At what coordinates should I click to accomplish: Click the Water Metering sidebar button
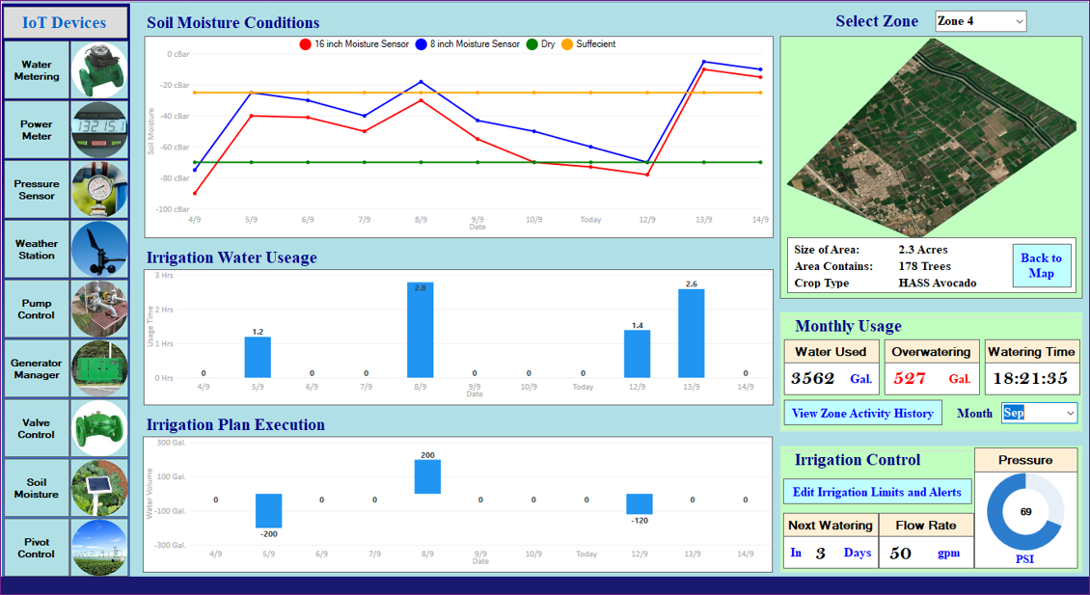coord(65,70)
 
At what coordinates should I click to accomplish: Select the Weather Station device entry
coord(65,250)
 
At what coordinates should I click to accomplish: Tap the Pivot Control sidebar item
coord(65,548)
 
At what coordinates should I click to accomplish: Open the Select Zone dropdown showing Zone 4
coord(980,21)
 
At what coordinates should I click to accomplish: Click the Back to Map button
coord(1041,265)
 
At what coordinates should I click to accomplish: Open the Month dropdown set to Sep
coord(1038,413)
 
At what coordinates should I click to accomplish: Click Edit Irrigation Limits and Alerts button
coord(876,492)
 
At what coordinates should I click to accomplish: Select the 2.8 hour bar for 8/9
coord(421,330)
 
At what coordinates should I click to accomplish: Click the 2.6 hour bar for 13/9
coord(691,334)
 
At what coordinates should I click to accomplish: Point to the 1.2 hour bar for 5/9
coord(258,357)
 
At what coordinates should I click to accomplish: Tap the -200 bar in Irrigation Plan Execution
coord(268,510)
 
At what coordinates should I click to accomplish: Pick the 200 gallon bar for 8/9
coord(427,476)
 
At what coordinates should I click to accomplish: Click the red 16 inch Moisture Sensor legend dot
coord(305,44)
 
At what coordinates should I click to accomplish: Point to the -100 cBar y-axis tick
coord(175,209)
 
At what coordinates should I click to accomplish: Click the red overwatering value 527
coord(908,378)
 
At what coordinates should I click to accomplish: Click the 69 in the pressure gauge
coord(1025,512)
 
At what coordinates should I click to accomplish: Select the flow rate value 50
coord(901,553)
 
